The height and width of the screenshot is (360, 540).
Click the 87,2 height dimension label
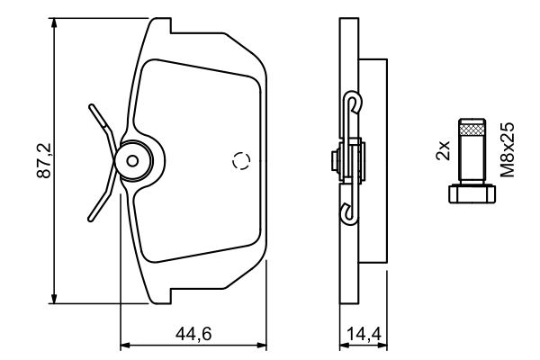[44, 160]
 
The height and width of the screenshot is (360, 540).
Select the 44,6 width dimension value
[193, 334]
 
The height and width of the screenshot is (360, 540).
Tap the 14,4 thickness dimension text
[364, 334]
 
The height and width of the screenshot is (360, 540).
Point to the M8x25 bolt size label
[508, 149]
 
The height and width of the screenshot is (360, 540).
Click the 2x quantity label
[443, 150]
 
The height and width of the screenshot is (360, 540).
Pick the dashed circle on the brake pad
[241, 160]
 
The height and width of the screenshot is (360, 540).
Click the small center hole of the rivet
[132, 160]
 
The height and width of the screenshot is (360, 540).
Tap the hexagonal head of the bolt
[472, 194]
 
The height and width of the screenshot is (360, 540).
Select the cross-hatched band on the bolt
[472, 130]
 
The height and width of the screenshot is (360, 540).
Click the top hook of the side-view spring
[354, 103]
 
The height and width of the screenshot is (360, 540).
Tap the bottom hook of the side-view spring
[349, 213]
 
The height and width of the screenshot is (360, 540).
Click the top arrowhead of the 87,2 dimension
[54, 23]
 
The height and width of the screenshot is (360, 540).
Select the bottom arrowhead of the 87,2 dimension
[54, 298]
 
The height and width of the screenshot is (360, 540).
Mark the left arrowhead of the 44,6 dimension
[126, 345]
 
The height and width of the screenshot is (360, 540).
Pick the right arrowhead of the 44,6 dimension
[261, 345]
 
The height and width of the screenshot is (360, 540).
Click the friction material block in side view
[373, 161]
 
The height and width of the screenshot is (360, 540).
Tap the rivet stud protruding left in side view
[335, 161]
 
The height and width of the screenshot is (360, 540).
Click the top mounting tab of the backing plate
[160, 25]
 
